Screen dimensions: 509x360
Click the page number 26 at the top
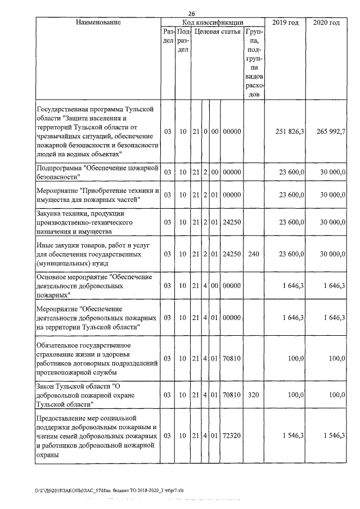click(192, 13)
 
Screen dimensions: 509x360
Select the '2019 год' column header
click(286, 22)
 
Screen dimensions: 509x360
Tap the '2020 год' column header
click(326, 22)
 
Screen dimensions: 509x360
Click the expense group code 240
click(253, 254)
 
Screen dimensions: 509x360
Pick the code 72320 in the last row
click(232, 436)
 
